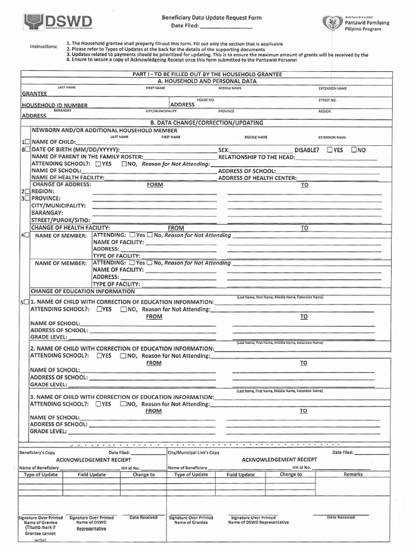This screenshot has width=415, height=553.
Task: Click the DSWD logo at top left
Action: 57,22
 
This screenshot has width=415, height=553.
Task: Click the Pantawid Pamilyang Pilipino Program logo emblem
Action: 331,23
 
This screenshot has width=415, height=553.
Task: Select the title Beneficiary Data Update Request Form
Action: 211,18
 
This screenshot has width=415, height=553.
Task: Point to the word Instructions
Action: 44,46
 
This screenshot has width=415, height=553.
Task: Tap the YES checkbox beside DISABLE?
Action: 330,150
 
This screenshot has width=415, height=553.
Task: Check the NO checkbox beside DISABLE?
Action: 354,150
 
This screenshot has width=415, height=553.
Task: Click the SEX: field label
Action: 224,150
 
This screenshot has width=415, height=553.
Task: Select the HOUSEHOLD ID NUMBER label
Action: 54,105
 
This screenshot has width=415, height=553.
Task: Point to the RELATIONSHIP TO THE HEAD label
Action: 256,157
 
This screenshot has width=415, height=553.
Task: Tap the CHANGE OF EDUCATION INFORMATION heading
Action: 83,291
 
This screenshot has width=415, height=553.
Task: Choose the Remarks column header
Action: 353,474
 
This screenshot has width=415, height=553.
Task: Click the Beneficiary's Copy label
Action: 37,453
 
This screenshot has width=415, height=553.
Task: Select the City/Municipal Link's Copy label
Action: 193,453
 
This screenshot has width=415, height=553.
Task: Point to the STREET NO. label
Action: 327,100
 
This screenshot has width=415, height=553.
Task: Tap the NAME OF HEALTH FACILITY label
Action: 68,178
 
